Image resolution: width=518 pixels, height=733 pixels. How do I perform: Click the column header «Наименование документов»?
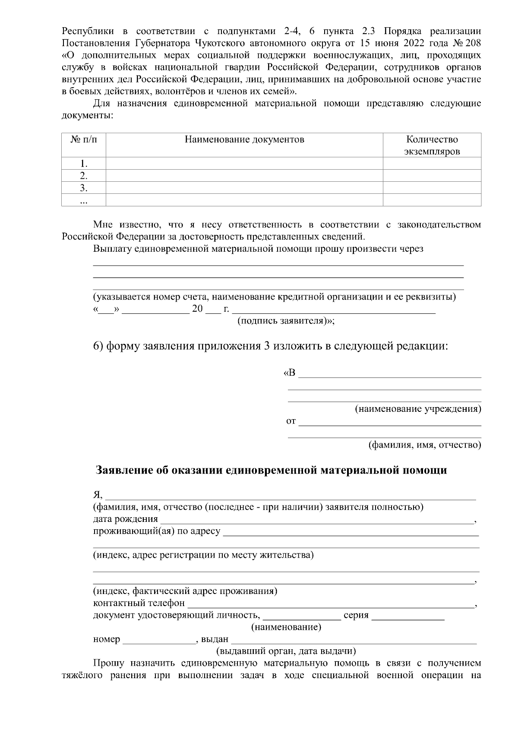point(244,139)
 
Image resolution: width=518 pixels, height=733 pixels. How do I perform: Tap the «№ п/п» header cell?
point(84,139)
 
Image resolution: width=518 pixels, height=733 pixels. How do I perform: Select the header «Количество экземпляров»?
point(432,145)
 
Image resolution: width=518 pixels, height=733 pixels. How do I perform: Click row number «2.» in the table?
point(84,176)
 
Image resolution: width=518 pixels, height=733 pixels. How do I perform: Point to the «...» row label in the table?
point(84,200)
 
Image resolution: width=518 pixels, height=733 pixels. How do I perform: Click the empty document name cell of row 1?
point(244,164)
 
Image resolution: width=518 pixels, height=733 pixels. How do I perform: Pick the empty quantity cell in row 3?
point(432,188)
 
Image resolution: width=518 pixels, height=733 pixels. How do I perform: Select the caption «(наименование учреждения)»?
point(417,408)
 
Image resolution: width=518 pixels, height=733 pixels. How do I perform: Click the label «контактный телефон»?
point(139,603)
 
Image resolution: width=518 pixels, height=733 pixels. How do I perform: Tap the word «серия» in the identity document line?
point(356,615)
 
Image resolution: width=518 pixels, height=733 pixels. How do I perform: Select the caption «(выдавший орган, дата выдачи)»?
point(286,651)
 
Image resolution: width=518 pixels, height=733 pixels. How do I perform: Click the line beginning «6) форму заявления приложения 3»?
point(271,346)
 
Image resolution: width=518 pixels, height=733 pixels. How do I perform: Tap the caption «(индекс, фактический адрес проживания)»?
point(185,591)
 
